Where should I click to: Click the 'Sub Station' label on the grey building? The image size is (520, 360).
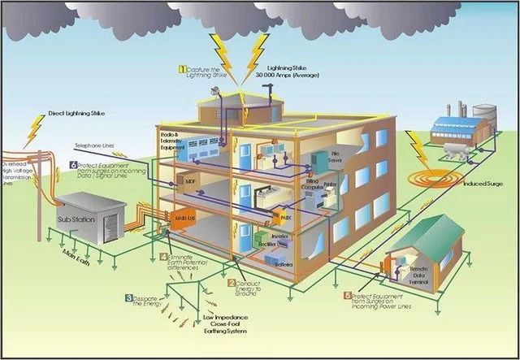pos(76,219)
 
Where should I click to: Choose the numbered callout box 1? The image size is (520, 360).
pos(183,69)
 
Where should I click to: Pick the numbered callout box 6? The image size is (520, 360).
pos(73,165)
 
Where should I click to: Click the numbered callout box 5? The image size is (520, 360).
pos(349,296)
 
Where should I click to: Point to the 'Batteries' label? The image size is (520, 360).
pos(284,264)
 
